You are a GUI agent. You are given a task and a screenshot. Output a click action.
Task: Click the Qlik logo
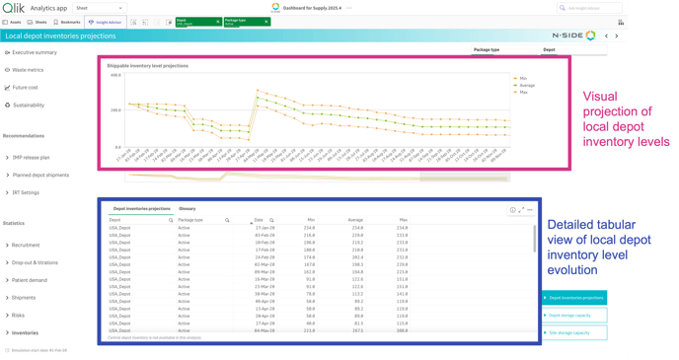[x=13, y=8]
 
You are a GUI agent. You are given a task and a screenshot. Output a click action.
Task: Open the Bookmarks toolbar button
[x=67, y=22]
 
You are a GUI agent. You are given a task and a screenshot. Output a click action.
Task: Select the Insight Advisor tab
[x=105, y=22]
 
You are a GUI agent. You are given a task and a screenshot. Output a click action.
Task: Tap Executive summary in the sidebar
[x=34, y=52]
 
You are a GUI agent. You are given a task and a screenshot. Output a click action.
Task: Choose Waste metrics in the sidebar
[x=28, y=70]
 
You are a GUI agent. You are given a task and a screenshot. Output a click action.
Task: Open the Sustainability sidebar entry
[x=28, y=105]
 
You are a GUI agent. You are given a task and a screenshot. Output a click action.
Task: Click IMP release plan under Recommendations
[x=31, y=158]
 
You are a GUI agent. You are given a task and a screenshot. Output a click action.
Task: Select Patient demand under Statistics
[x=29, y=280]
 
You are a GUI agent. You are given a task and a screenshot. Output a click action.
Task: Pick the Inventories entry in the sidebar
[x=25, y=332]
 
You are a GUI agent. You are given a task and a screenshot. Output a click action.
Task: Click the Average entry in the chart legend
[x=527, y=85]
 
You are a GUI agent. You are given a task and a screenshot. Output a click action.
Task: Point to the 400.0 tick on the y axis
[x=115, y=75]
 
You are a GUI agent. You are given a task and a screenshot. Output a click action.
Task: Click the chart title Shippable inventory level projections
[x=147, y=66]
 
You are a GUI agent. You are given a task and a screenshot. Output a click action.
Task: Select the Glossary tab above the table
[x=188, y=209]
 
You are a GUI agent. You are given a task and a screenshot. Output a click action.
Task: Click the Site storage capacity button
[x=574, y=332]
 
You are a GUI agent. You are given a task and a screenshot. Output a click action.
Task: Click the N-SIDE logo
[x=572, y=36]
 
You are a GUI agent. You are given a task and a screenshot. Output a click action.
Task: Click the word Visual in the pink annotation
[x=600, y=97]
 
